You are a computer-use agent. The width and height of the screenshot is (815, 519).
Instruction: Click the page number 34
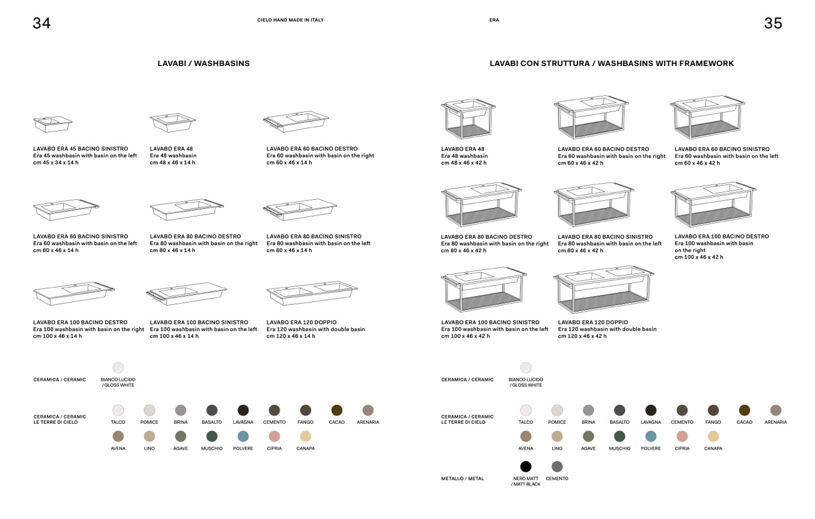pyautogui.click(x=41, y=23)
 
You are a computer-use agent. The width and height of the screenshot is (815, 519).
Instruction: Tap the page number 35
pyautogui.click(x=773, y=23)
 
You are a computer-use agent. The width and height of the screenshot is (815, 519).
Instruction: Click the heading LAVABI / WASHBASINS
pyautogui.click(x=204, y=64)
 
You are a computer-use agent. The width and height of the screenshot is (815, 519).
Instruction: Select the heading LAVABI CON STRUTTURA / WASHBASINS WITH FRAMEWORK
pyautogui.click(x=611, y=64)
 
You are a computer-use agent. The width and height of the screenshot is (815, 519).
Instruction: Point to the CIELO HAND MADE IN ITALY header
pyautogui.click(x=290, y=20)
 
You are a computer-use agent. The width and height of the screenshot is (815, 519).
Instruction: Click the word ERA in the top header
pyautogui.click(x=494, y=20)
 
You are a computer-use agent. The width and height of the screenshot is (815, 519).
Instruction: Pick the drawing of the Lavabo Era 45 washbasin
pyautogui.click(x=53, y=123)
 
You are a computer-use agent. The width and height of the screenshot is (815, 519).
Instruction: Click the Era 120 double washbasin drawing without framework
pyautogui.click(x=312, y=293)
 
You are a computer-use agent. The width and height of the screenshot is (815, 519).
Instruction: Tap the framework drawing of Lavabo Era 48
pyautogui.click(x=468, y=118)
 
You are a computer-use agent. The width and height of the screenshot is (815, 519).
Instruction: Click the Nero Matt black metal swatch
pyautogui.click(x=526, y=466)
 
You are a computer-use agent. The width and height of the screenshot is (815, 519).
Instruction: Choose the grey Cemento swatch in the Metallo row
pyautogui.click(x=557, y=466)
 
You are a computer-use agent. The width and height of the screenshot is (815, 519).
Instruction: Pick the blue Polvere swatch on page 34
pyautogui.click(x=243, y=436)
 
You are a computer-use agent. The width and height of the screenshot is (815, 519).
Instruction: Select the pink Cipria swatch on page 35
pyautogui.click(x=682, y=436)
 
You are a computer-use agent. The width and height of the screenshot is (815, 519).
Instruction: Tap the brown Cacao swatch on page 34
pyautogui.click(x=337, y=410)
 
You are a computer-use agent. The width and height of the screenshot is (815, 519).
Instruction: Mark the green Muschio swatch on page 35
pyautogui.click(x=619, y=436)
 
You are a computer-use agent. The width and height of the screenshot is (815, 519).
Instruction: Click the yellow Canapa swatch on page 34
pyautogui.click(x=305, y=436)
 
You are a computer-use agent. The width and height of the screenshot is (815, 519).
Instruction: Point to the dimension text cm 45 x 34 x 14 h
pyautogui.click(x=56, y=162)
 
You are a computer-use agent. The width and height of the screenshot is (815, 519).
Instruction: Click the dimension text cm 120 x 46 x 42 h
pyautogui.click(x=582, y=336)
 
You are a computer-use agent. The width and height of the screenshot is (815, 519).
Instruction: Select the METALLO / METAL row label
pyautogui.click(x=463, y=478)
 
